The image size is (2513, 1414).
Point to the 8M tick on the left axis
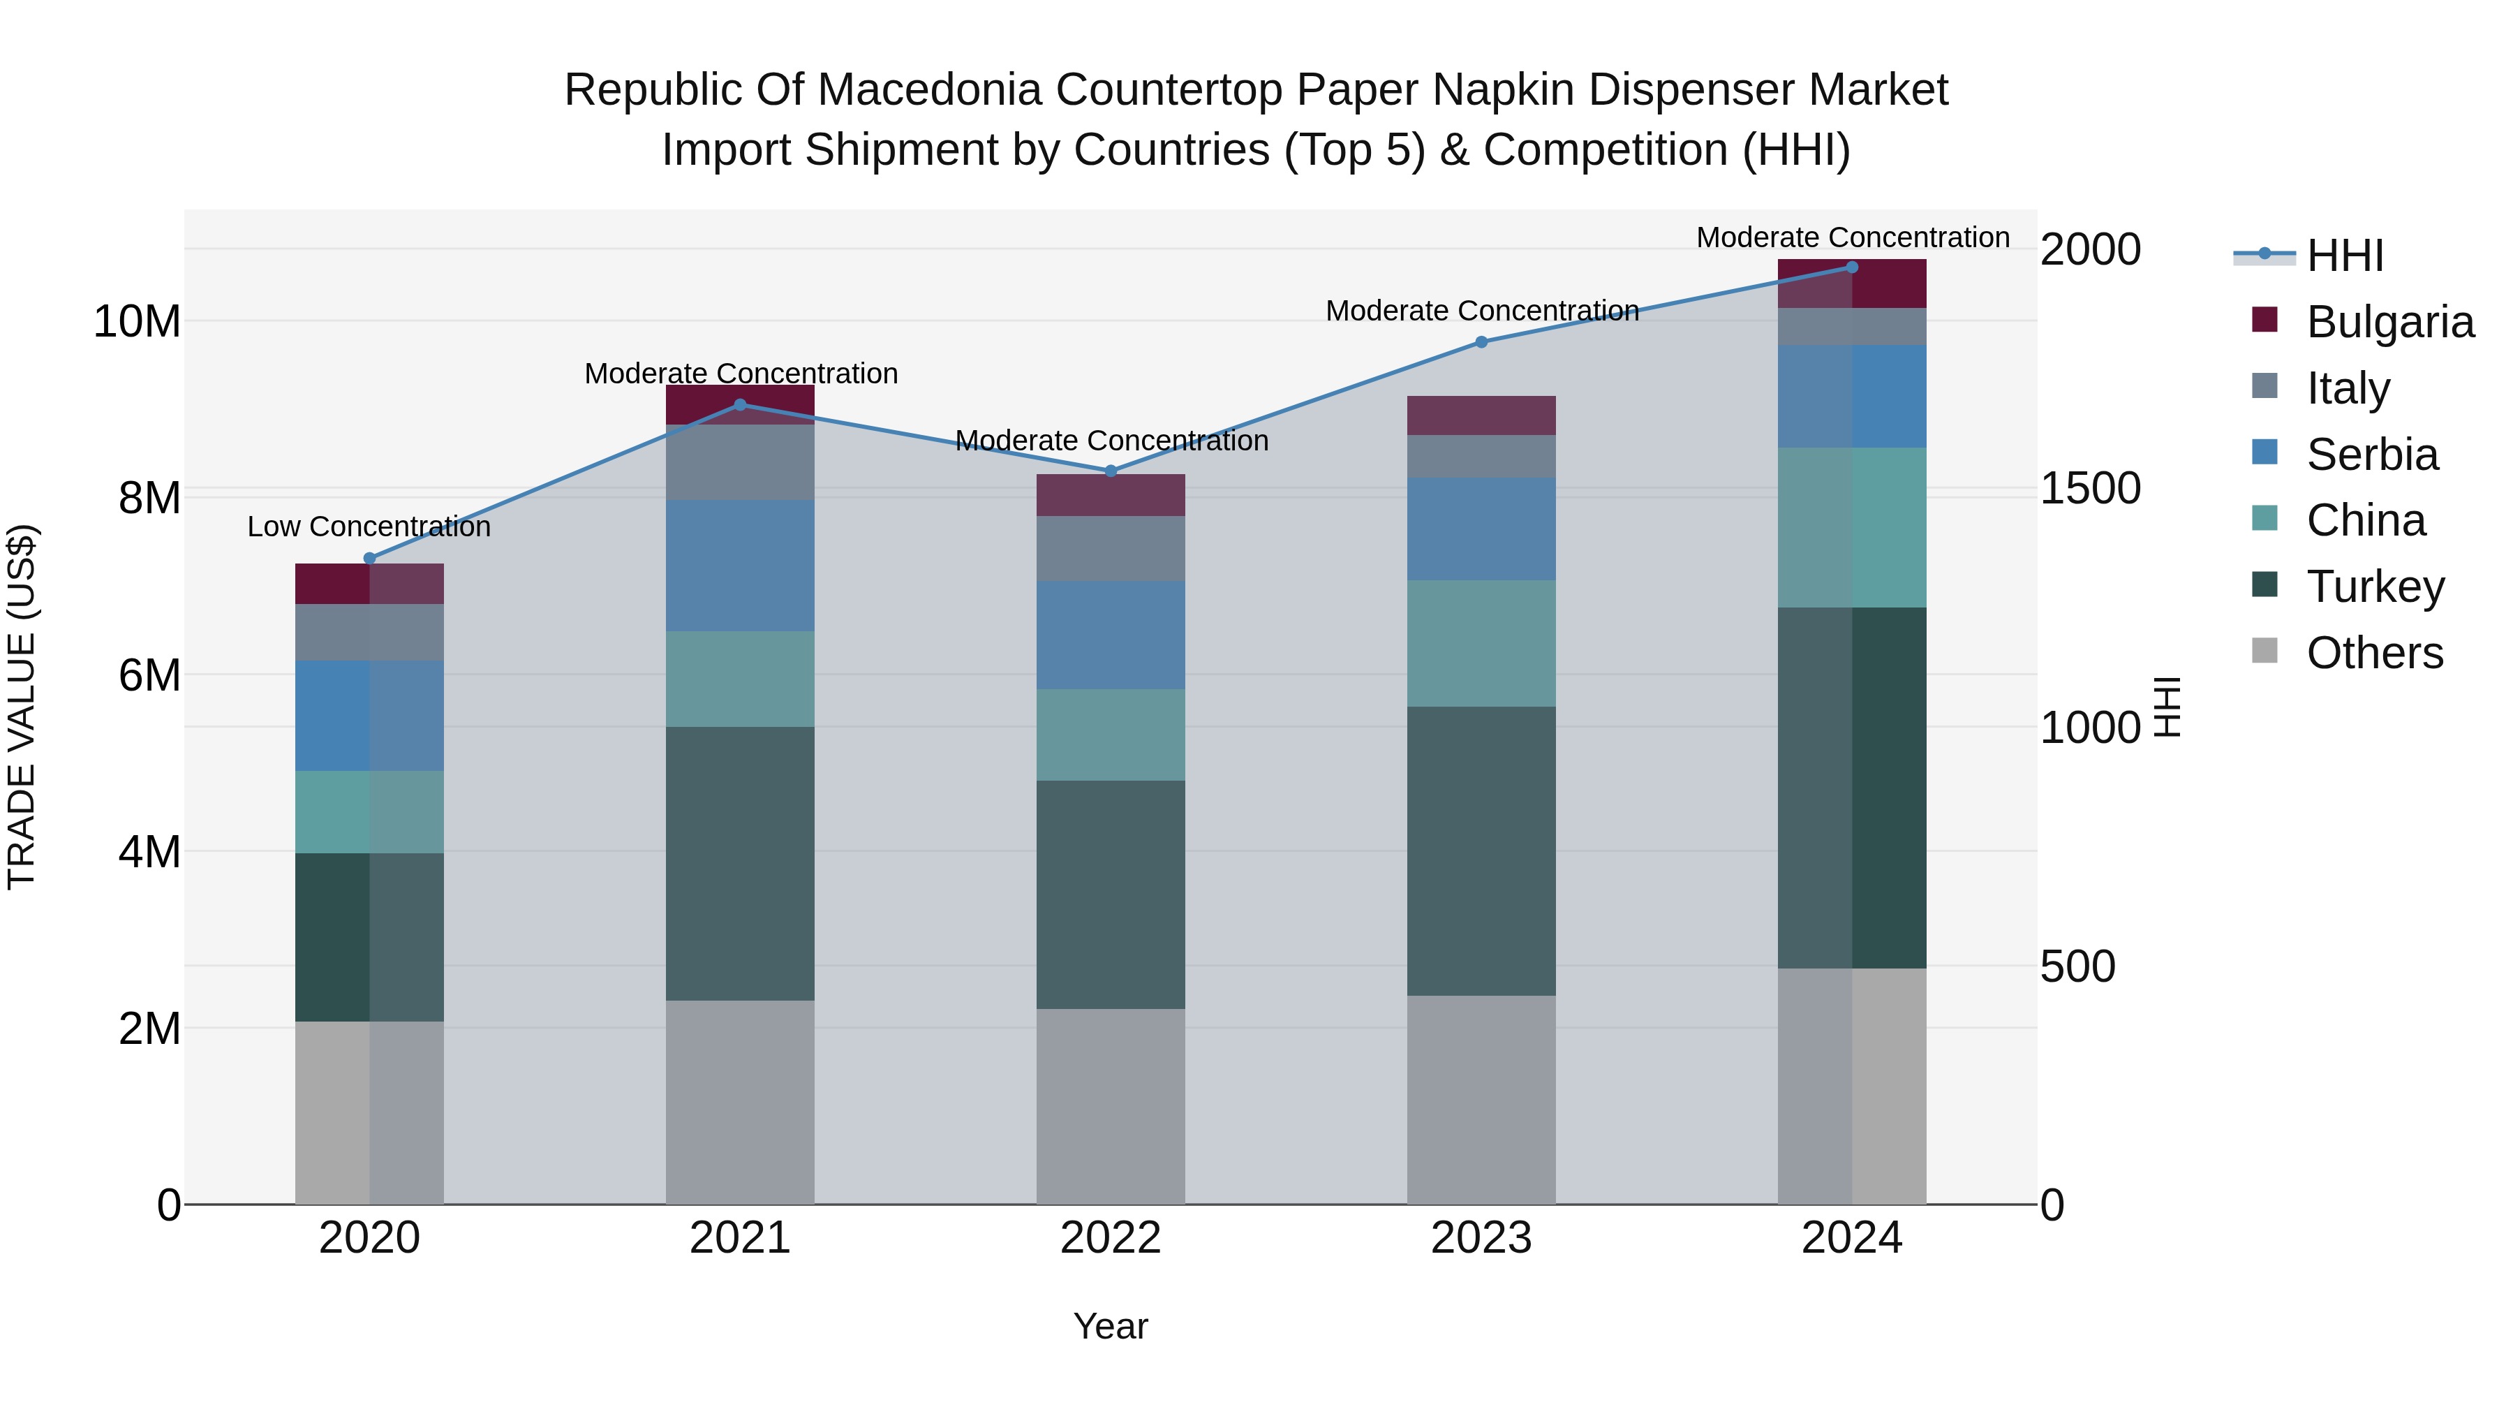click(149, 498)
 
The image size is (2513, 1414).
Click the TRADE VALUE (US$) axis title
click(22, 707)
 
